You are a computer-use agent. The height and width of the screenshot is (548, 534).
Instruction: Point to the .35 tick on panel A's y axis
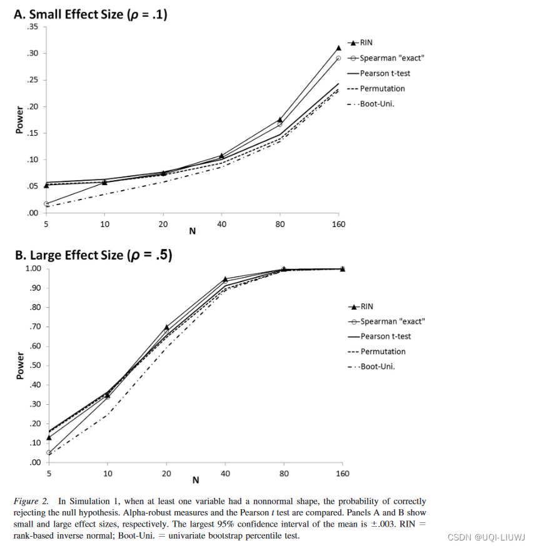pos(33,27)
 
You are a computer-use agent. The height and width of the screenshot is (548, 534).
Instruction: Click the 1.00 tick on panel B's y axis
pos(33,269)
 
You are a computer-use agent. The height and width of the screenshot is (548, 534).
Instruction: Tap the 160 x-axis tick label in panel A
pos(339,224)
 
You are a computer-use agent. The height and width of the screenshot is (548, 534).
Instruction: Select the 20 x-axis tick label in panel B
pos(166,474)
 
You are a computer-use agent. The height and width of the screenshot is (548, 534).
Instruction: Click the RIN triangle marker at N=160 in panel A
pos(339,48)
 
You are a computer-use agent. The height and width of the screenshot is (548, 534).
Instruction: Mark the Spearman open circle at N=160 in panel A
pos(339,58)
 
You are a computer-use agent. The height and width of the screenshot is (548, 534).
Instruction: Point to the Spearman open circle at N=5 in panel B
pos(49,452)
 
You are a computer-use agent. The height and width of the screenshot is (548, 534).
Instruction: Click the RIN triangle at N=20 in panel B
pos(166,327)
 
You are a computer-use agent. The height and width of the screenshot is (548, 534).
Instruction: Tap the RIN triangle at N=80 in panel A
pos(280,119)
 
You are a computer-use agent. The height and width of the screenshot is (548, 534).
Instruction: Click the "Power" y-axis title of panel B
pos(20,365)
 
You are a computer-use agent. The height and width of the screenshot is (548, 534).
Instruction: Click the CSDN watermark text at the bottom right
pos(485,537)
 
